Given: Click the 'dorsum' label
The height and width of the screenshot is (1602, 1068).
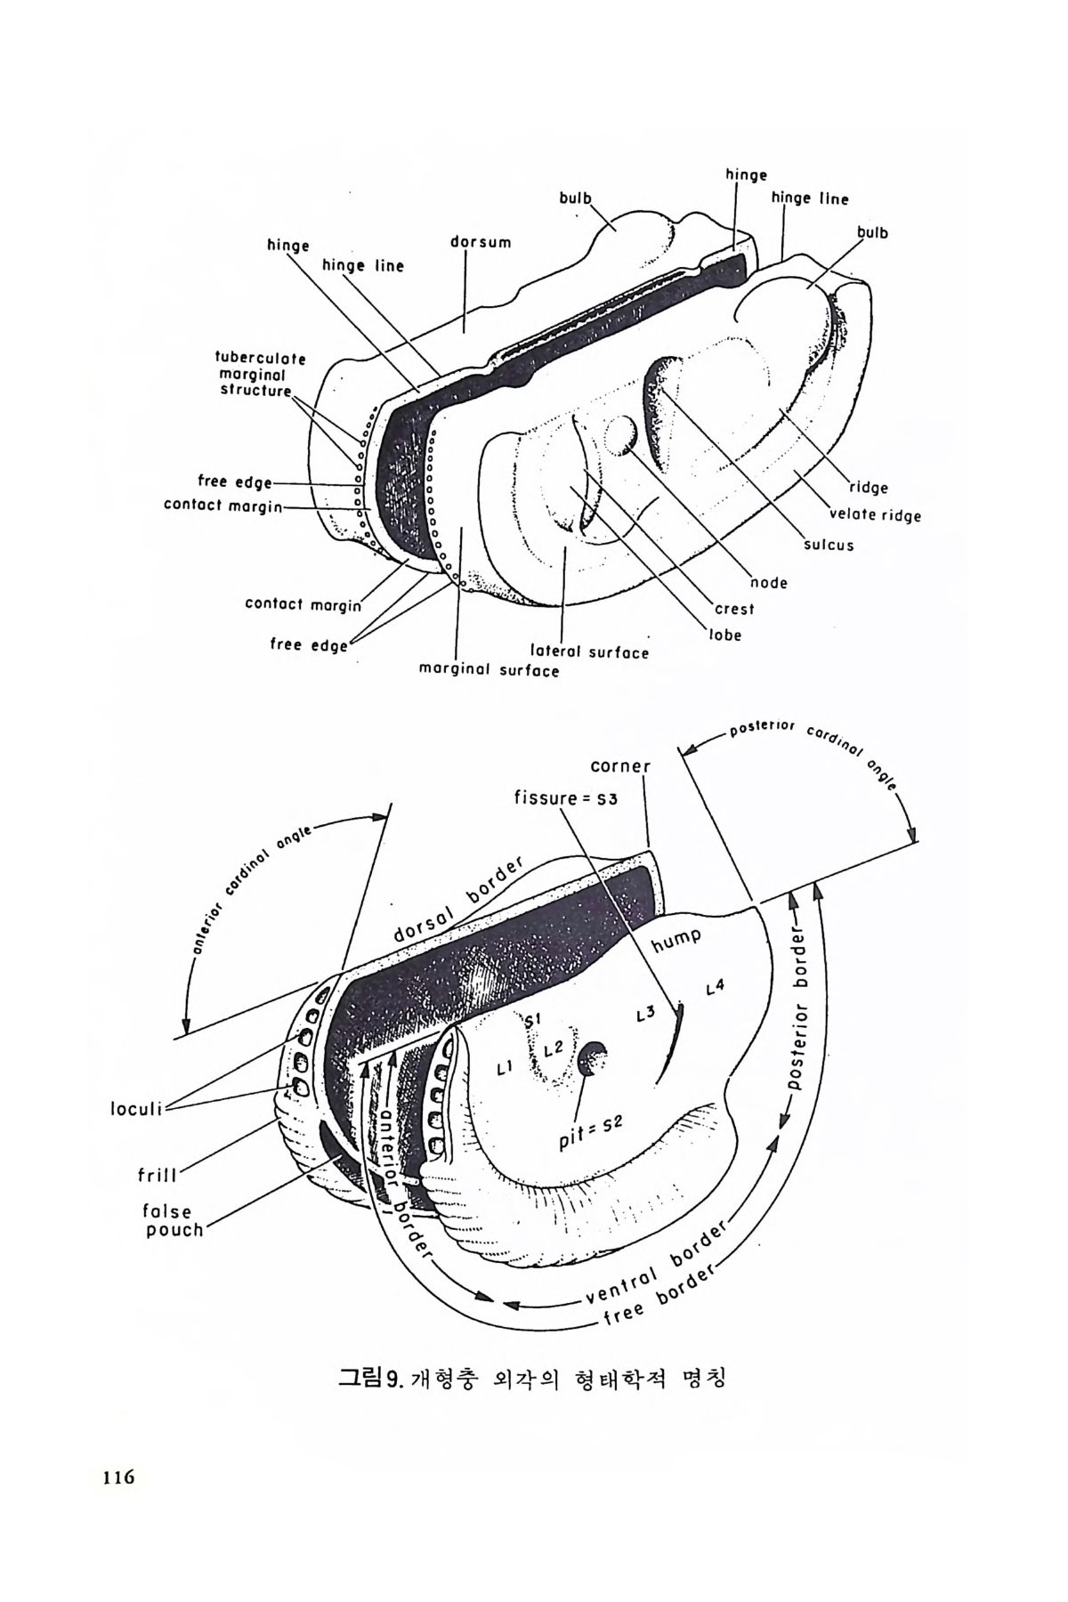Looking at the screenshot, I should coord(481,241).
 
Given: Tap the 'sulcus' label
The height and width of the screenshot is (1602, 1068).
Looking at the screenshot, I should coord(829,545).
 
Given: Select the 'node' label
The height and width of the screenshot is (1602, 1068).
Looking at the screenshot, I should coord(769,583).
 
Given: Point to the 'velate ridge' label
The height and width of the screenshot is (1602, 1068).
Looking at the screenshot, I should coord(875,515).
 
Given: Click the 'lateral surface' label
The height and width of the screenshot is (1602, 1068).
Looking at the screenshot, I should coord(589,651).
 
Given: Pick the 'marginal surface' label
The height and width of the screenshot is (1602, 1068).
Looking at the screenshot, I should coord(489,670).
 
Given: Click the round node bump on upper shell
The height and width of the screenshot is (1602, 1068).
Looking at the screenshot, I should coord(620,435).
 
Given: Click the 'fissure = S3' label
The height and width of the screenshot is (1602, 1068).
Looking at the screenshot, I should coord(565,797).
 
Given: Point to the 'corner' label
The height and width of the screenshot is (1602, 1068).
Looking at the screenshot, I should coord(621,766).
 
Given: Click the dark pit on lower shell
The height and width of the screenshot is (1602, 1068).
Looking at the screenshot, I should coord(592,1058).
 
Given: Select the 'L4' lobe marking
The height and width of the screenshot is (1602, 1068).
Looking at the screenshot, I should coord(715,987).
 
